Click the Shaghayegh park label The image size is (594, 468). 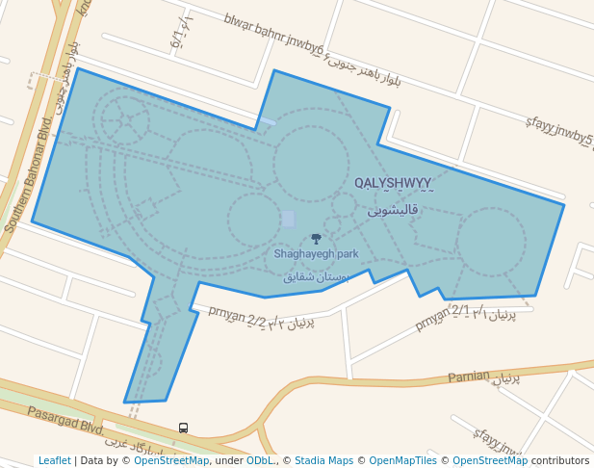point(316,254)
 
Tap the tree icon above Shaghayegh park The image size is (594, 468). point(316,238)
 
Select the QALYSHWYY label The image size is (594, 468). point(393,183)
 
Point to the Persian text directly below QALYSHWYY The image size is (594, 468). point(393,209)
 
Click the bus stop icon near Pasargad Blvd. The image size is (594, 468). point(183,428)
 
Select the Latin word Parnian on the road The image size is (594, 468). point(468,377)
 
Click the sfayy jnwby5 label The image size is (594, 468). point(558,134)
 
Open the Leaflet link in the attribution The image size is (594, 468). point(55,460)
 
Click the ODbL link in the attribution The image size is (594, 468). point(260,460)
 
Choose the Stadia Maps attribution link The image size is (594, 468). point(323,460)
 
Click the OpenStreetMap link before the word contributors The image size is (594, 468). point(490,460)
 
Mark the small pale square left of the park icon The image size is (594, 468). point(288,219)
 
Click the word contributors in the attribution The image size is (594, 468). point(560,460)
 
